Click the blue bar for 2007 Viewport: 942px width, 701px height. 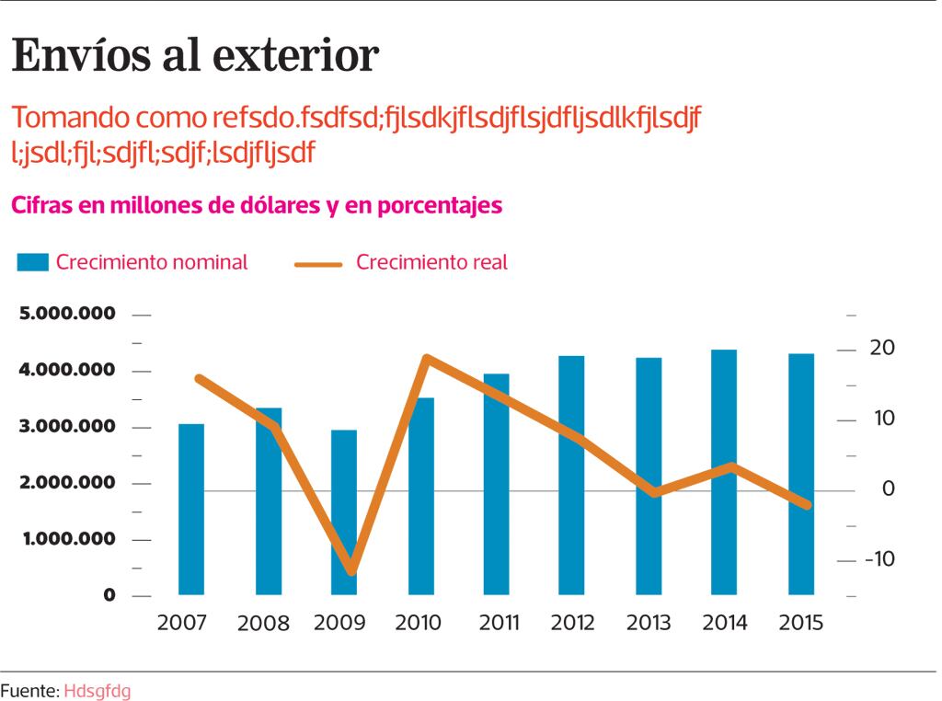[x=191, y=509]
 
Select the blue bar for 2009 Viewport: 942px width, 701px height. [x=345, y=511]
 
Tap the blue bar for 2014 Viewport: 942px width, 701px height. [x=725, y=472]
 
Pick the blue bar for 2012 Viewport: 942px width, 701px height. [x=572, y=475]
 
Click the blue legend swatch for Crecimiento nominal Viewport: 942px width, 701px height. [x=32, y=263]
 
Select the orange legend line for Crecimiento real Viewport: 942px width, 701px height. [x=318, y=263]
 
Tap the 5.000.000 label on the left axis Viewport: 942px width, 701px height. [x=68, y=314]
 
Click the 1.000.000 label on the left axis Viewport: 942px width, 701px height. [x=68, y=539]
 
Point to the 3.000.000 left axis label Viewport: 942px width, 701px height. [x=68, y=427]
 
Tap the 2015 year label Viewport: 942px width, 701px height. [x=800, y=623]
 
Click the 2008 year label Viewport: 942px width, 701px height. [x=263, y=624]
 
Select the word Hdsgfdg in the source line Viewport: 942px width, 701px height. [x=98, y=690]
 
